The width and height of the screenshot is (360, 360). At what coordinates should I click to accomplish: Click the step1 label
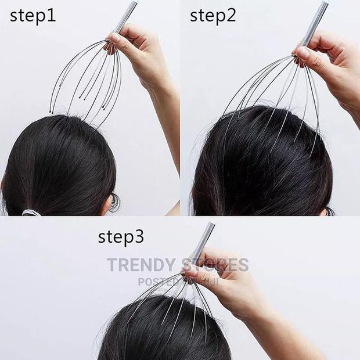[x=33, y=16]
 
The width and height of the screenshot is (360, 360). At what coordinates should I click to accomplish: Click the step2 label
[x=213, y=16]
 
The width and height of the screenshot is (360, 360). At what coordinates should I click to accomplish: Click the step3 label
[x=121, y=236]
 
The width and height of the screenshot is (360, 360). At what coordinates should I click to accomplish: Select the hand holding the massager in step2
[x=328, y=64]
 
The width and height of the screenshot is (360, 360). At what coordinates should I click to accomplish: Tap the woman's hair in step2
[x=261, y=168]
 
